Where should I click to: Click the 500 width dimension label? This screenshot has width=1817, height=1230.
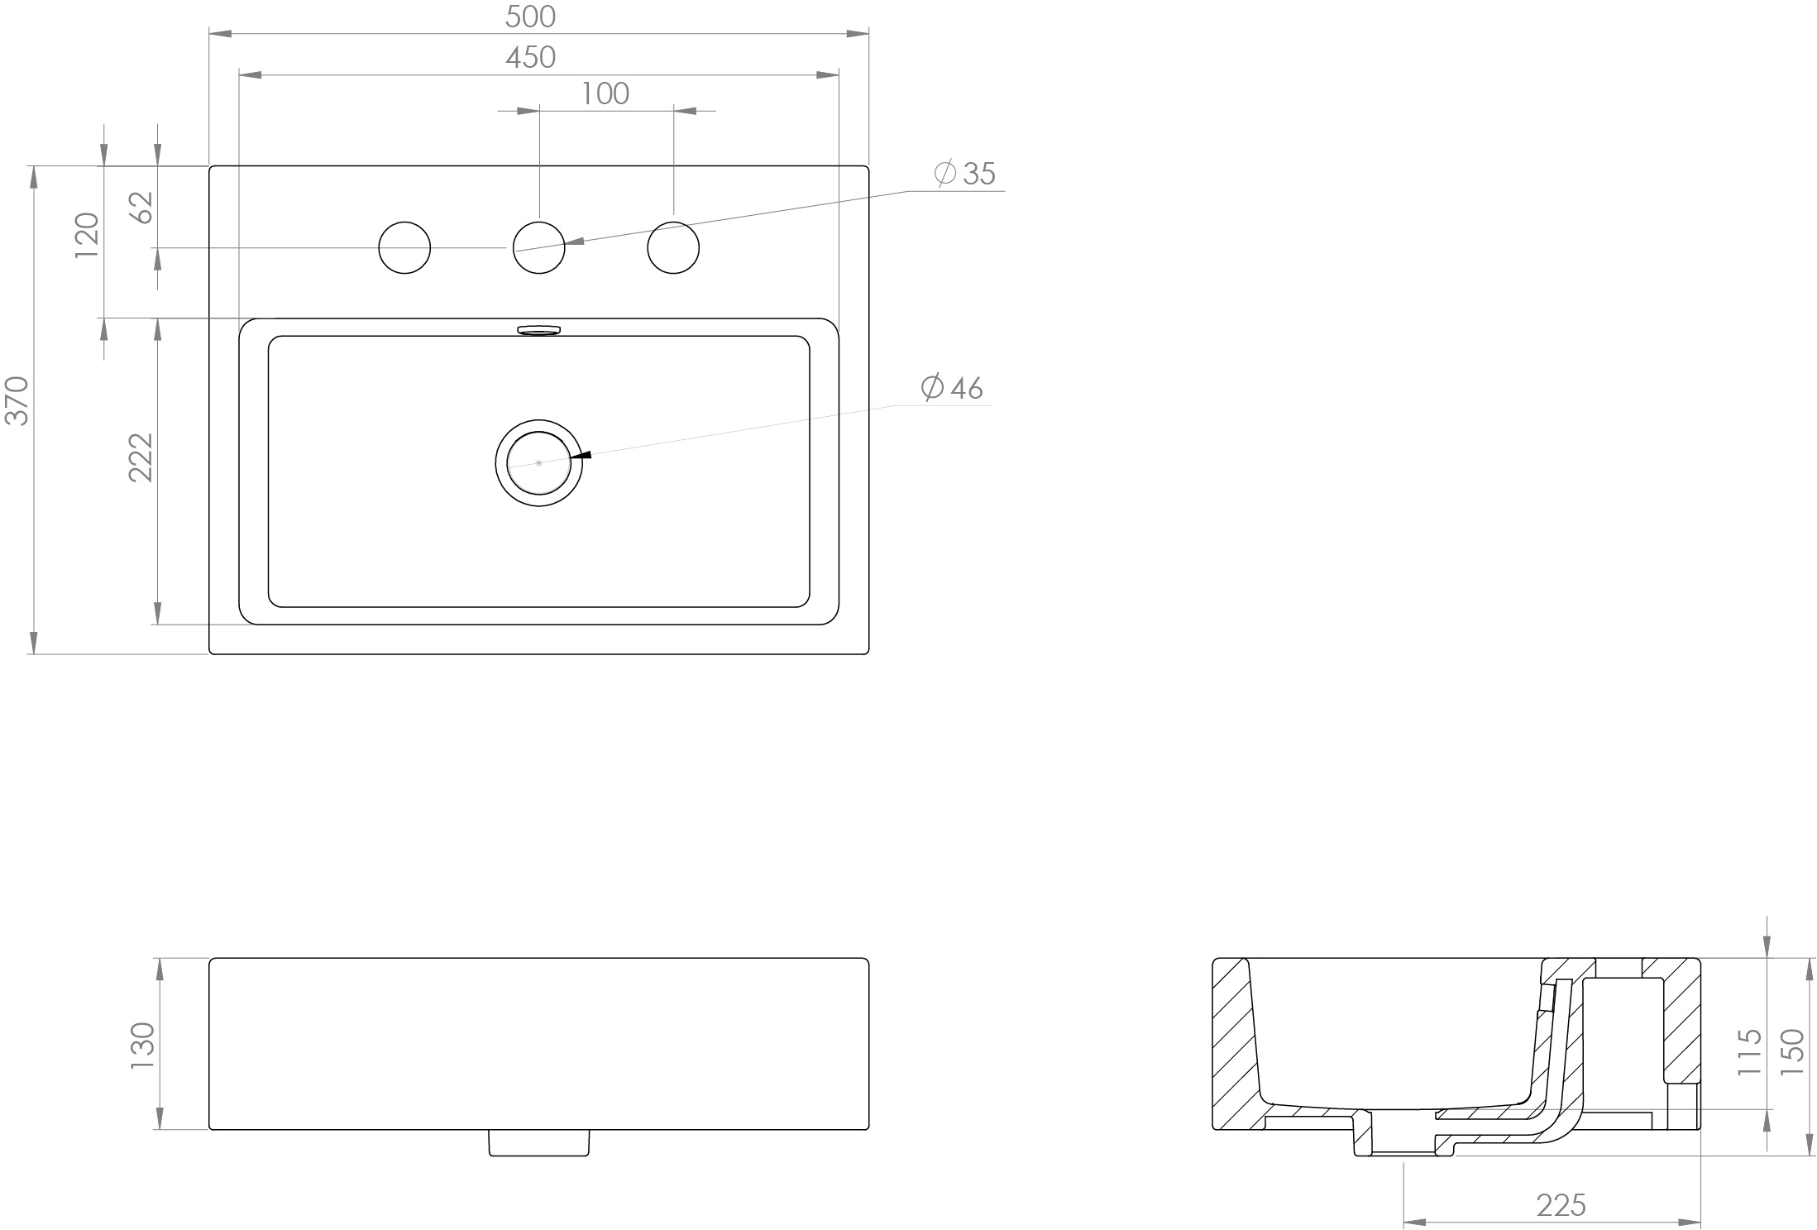[x=530, y=17]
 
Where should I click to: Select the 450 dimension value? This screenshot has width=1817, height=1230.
[x=530, y=57]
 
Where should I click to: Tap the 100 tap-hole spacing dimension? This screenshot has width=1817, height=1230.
[x=605, y=94]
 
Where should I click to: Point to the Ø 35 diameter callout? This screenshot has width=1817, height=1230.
[x=965, y=174]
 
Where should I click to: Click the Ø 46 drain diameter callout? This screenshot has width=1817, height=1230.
[x=952, y=388]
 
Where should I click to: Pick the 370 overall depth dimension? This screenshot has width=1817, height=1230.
[x=17, y=400]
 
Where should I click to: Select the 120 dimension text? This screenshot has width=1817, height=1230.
[x=87, y=235]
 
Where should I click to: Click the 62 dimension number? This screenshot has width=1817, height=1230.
[x=142, y=207]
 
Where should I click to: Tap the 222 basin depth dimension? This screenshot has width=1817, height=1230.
[x=141, y=457]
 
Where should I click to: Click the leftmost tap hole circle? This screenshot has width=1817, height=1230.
[x=404, y=247]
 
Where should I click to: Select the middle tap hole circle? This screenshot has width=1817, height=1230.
[x=539, y=247]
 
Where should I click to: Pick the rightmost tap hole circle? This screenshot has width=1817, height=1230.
[x=673, y=247]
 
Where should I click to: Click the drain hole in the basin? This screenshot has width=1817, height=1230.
[x=539, y=462]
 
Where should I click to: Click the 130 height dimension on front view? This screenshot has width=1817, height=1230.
[x=142, y=1045]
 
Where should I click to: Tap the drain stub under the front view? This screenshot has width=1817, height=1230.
[x=538, y=1142]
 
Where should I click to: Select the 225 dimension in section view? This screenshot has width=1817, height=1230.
[x=1561, y=1205]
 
